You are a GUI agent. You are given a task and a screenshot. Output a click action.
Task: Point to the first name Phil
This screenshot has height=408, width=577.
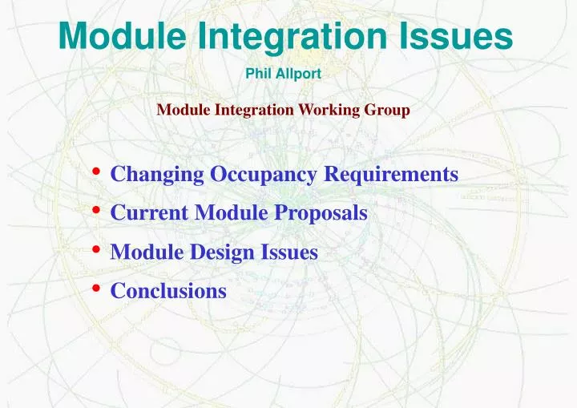[258, 75]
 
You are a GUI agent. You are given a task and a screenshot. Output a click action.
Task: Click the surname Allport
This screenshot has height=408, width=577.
[298, 75]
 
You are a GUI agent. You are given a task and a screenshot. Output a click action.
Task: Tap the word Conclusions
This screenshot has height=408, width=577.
[168, 291]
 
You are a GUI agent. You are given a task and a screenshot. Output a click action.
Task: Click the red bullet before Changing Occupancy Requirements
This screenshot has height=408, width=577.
[97, 172]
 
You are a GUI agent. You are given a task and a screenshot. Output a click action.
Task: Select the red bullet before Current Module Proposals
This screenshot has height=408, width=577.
[97, 210]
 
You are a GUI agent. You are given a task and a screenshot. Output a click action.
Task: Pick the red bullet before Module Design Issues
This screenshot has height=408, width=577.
[97, 249]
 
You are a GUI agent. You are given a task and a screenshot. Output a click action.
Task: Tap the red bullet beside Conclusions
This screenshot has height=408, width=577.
[97, 288]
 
